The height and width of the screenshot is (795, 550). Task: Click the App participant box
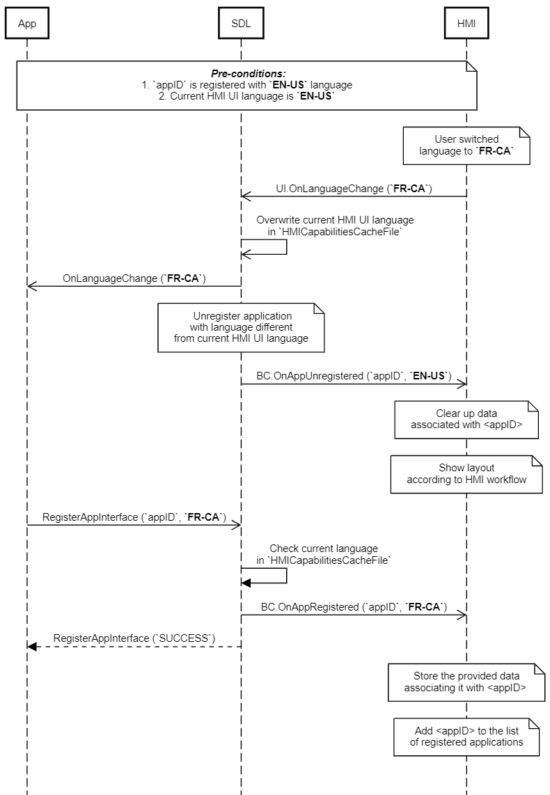pos(27,24)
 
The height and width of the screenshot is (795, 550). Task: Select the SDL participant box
pos(241,24)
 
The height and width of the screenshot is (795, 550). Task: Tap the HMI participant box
pos(466,24)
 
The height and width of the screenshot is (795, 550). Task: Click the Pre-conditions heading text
pos(249,74)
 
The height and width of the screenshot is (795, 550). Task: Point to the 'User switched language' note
pos(466,145)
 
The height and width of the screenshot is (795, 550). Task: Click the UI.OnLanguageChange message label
pos(354,189)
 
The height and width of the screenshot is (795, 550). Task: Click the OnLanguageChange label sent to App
pos(134,278)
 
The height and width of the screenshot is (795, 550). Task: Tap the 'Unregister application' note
pos(241,327)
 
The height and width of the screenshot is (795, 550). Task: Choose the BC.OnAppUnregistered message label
pos(354,376)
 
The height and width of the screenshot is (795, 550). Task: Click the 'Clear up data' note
pos(466,420)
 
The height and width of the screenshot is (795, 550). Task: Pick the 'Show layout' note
pos(466,474)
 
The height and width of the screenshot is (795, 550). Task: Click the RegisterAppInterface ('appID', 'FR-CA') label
pos(134,517)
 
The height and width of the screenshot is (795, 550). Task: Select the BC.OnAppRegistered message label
pos(354,607)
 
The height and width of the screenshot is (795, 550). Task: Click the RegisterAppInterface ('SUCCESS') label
pos(134,638)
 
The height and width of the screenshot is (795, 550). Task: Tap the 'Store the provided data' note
pos(466,682)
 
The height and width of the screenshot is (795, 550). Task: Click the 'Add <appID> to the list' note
pos(466,737)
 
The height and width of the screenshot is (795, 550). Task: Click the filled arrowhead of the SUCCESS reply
pos(32,647)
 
